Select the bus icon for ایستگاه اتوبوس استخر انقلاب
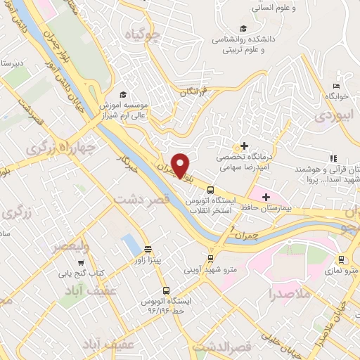click(210, 188)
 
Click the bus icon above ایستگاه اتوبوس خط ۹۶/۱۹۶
click(166, 290)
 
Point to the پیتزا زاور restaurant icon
click(148, 249)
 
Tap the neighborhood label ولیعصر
click(70, 245)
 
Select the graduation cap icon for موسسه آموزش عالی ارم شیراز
click(122, 94)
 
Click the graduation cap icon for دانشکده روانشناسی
click(243, 29)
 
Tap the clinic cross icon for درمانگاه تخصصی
click(244, 146)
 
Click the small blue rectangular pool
click(130, 245)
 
